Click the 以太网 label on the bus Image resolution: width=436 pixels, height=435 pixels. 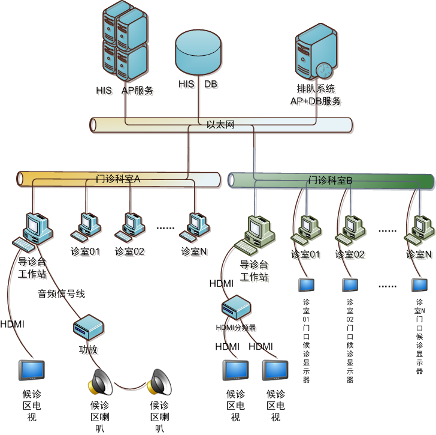click(x=220, y=125)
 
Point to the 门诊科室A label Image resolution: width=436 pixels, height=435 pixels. click(x=118, y=179)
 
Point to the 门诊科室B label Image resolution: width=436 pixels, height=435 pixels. click(x=330, y=180)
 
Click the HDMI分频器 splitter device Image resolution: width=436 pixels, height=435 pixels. click(x=235, y=307)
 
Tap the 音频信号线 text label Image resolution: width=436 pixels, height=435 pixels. click(x=62, y=294)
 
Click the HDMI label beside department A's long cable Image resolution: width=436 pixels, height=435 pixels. click(x=13, y=324)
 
